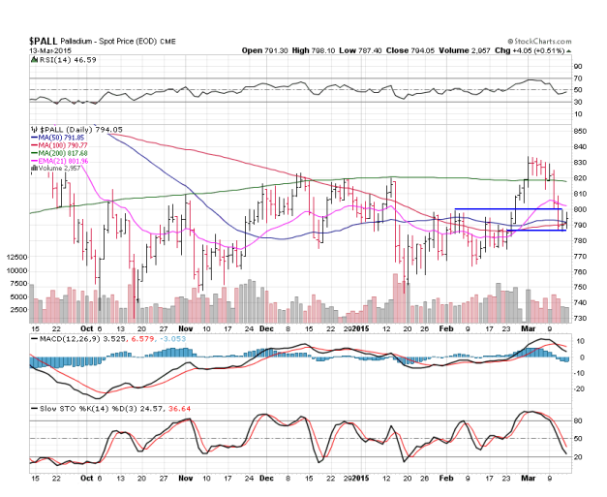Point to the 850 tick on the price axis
pos(580,131)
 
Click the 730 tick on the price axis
pos(580,319)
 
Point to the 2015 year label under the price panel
pos(359,330)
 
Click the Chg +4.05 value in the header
pos(512,50)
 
